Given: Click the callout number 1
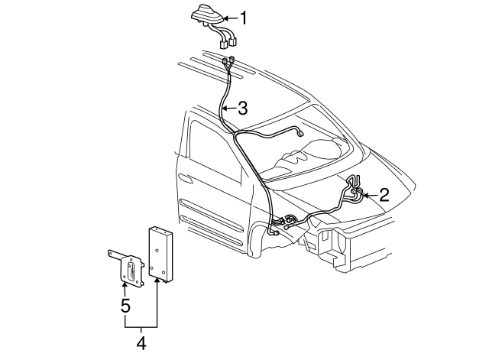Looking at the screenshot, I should click(243, 18).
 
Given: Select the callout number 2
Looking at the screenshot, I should click(384, 194).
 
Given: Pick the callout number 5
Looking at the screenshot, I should click(125, 306).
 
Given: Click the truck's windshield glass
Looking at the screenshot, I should click(306, 145).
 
